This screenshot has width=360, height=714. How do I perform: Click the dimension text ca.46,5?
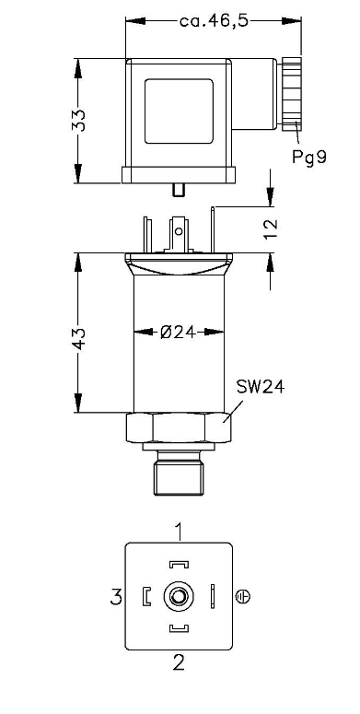(x=215, y=21)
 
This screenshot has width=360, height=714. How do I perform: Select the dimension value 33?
(x=79, y=121)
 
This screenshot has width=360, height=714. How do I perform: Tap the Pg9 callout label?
(x=309, y=158)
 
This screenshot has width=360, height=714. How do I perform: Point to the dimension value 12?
(x=271, y=230)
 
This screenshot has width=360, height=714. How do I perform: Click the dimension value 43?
(x=79, y=338)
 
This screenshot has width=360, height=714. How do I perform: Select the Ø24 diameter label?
(x=178, y=332)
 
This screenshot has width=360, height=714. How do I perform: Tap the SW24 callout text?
(x=261, y=387)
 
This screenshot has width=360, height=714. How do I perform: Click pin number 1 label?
(x=180, y=531)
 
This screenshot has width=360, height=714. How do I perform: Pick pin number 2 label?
(x=180, y=662)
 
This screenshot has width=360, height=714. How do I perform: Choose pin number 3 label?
(x=117, y=596)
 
